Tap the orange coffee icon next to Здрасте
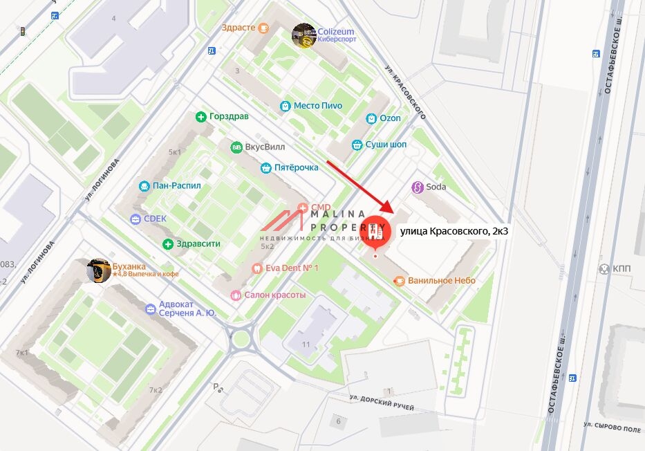[263, 28]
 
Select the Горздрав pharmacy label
[229, 116]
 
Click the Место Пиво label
[317, 106]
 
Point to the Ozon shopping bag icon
[371, 118]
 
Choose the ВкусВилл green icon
[236, 147]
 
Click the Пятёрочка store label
[296, 167]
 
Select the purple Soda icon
[417, 187]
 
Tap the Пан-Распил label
[177, 186]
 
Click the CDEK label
[155, 219]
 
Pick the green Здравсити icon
[168, 243]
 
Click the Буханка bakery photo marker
[99, 270]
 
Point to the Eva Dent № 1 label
[292, 268]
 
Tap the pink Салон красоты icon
[236, 295]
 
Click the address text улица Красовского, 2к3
[454, 231]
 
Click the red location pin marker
[375, 232]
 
